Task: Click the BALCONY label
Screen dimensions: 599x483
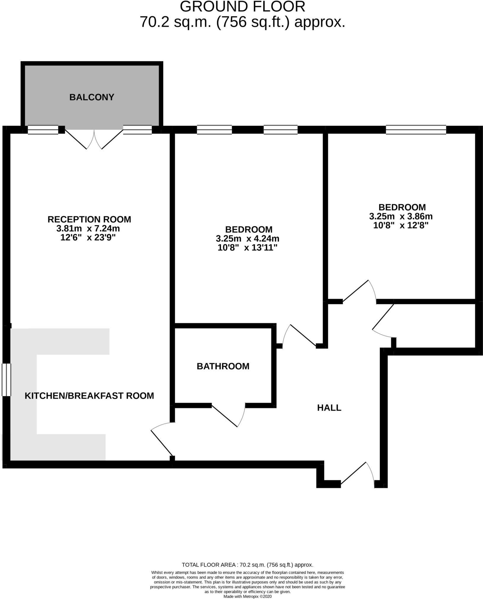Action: [x=92, y=97]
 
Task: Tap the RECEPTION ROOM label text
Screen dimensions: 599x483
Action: [x=89, y=219]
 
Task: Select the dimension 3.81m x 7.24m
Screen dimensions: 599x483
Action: [x=88, y=229]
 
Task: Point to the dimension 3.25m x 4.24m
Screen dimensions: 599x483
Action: [x=247, y=239]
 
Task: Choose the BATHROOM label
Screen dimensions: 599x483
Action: [x=223, y=366]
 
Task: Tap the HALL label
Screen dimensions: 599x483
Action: [x=329, y=408]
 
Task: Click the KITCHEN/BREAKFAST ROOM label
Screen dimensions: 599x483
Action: [x=89, y=396]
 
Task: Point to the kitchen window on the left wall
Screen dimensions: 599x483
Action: [x=6, y=380]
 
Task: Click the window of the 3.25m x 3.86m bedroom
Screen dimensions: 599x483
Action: [x=416, y=130]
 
